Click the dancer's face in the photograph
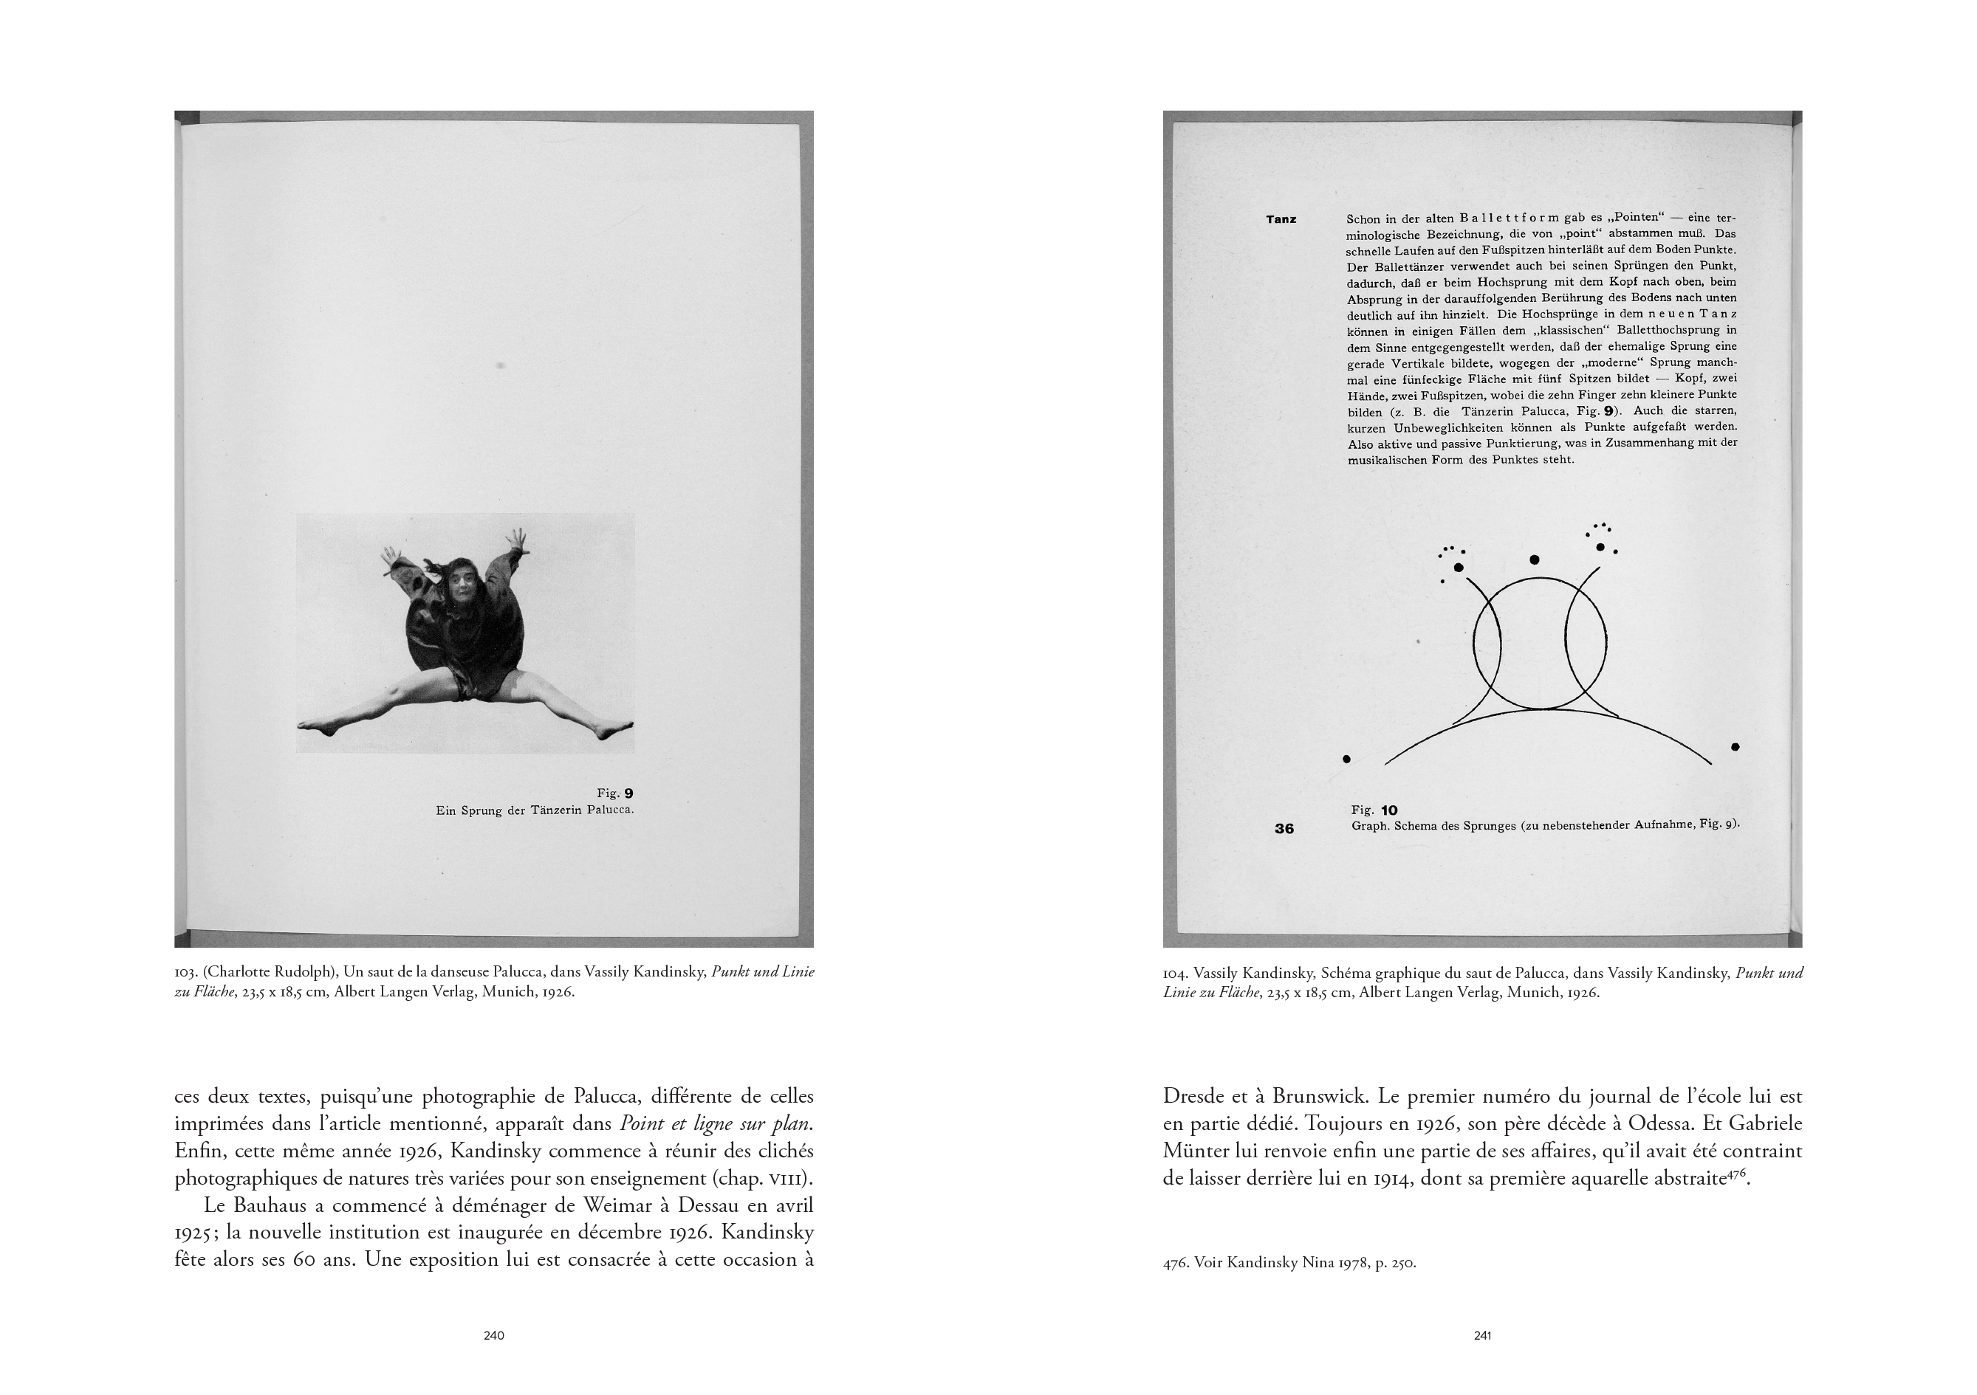click(465, 592)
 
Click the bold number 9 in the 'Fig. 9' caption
click(628, 793)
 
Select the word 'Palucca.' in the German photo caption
click(609, 810)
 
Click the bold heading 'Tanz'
click(1281, 219)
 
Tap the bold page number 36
click(1284, 829)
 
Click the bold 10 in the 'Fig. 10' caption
click(1389, 810)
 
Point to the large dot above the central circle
click(1534, 560)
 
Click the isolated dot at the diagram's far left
click(1347, 759)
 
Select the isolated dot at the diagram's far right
click(1735, 747)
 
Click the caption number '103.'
click(185, 974)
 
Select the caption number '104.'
click(1174, 974)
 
